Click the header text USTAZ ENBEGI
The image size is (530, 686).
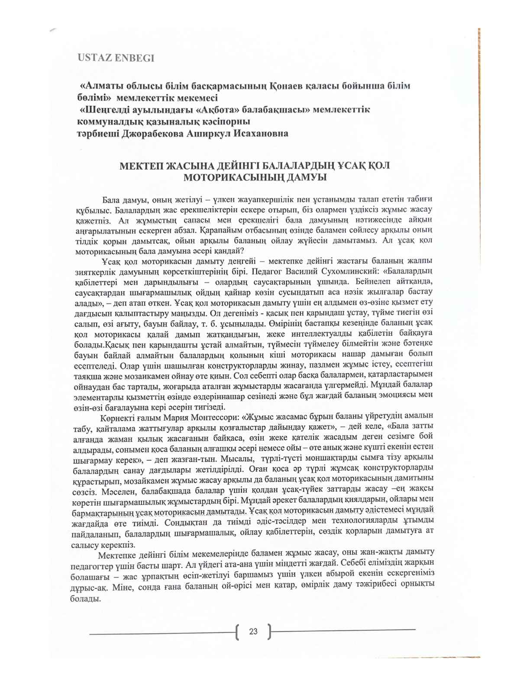tap(116, 58)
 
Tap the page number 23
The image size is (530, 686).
tap(253, 631)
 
